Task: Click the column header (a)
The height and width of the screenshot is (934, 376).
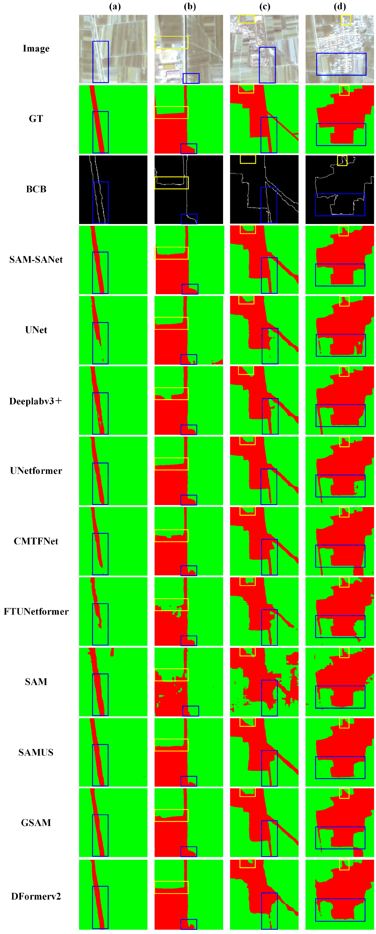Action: [x=115, y=7]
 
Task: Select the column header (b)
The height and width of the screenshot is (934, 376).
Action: [x=190, y=7]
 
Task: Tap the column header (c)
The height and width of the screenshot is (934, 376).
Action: [x=265, y=7]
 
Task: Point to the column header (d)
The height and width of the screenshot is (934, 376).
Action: [x=340, y=7]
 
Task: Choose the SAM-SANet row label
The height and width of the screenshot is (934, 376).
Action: [x=36, y=260]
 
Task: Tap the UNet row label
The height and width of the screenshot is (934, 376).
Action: [x=36, y=330]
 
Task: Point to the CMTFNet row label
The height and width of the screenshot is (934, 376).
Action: [x=36, y=541]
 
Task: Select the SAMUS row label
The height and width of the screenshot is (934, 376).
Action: [x=36, y=752]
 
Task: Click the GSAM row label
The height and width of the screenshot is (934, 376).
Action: [x=36, y=823]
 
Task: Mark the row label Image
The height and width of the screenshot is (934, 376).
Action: [x=36, y=48]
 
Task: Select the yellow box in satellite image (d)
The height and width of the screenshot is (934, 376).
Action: [x=346, y=20]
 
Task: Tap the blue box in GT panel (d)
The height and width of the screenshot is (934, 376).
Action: [x=341, y=135]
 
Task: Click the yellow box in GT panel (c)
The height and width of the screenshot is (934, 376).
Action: [x=246, y=89]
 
